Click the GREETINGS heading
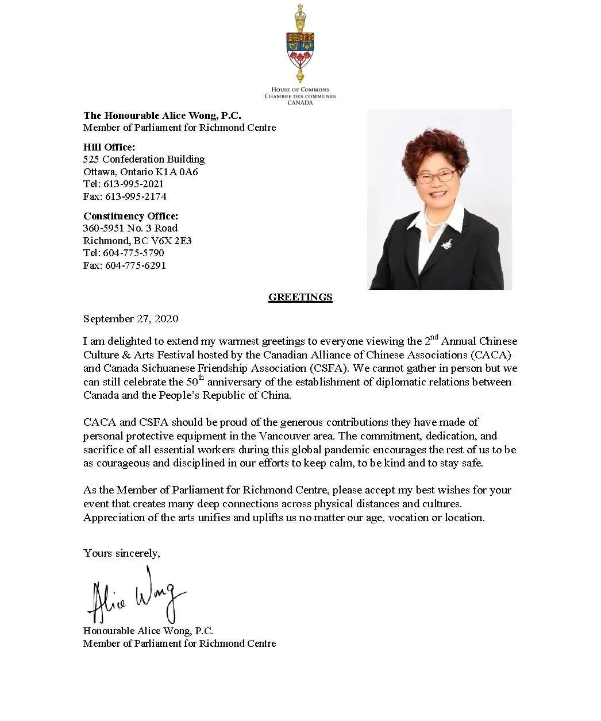pos(300,298)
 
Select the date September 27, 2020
pos(130,319)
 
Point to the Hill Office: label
pos(109,147)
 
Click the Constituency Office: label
pos(130,216)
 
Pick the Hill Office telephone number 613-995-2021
pos(134,184)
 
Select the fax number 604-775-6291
pos(136,265)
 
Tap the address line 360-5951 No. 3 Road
pos(130,228)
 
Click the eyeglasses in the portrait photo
pos(434,176)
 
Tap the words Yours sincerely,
pos(121,553)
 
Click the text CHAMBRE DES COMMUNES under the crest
pos(300,97)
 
